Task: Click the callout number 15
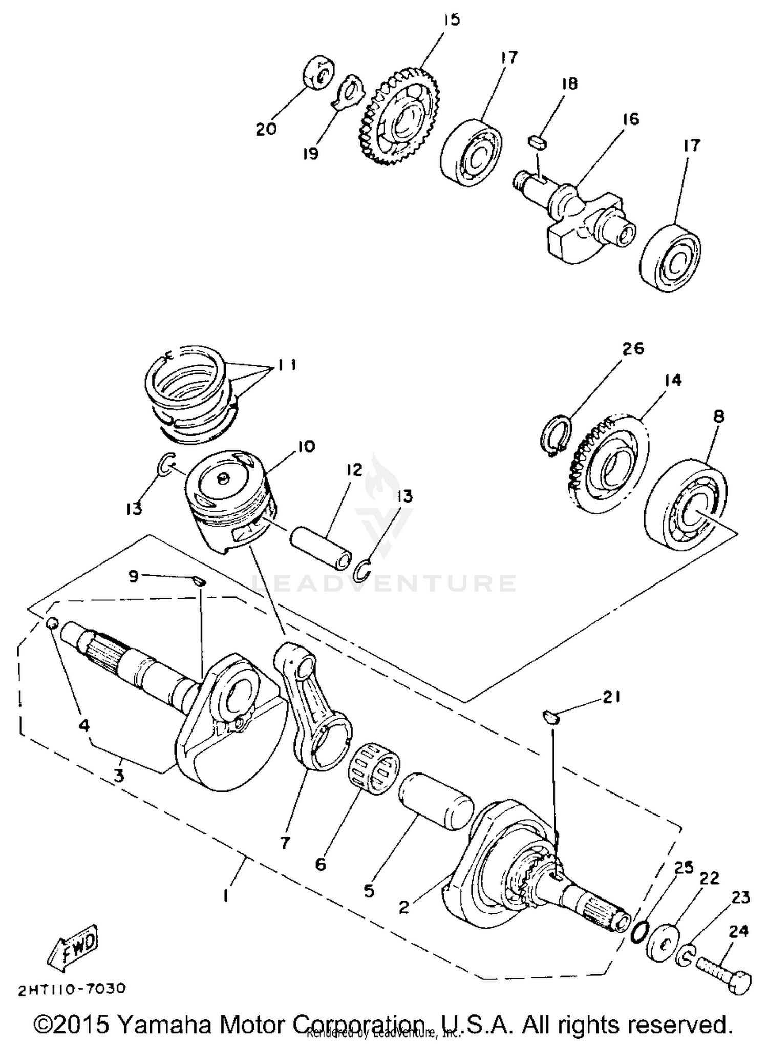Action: tap(452, 20)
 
